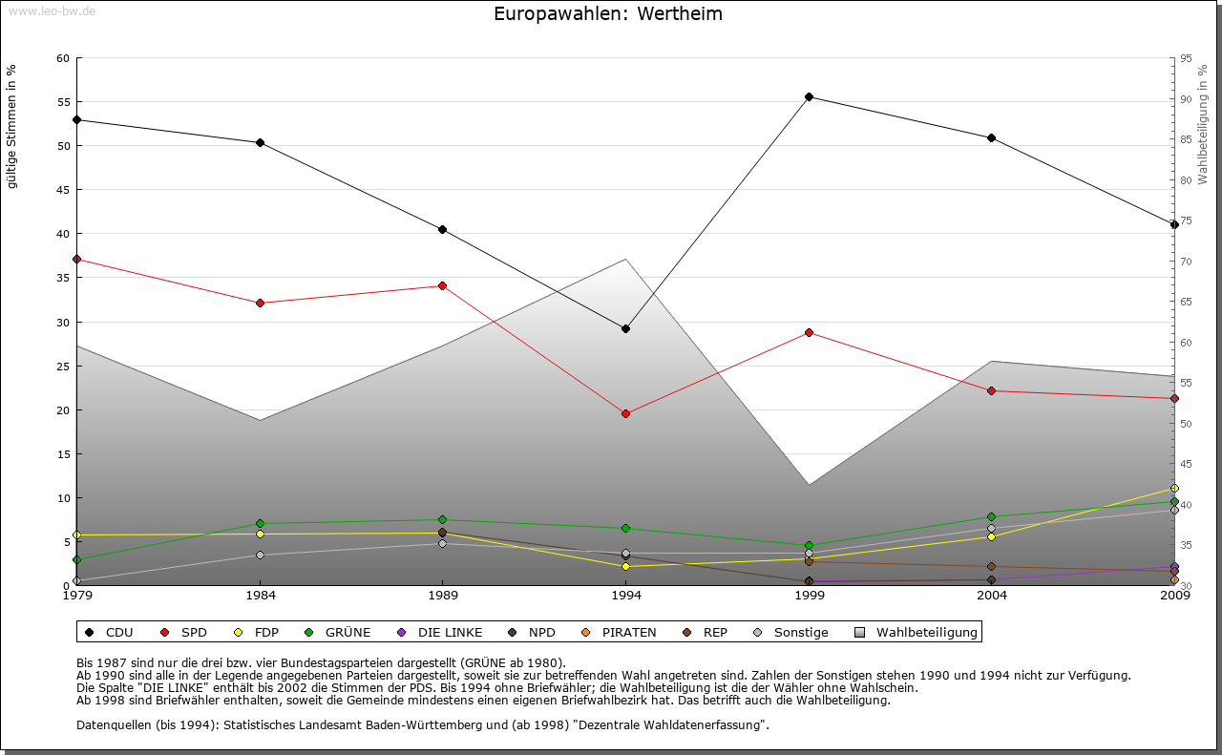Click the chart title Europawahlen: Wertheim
(608, 14)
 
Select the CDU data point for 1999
(809, 96)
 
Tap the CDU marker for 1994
(625, 328)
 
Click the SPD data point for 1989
(442, 285)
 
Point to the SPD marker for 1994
(625, 413)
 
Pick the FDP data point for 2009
(1174, 488)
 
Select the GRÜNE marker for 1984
(260, 523)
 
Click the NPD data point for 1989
(442, 532)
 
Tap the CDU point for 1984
(260, 142)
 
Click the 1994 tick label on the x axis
(625, 596)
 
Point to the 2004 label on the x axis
(991, 596)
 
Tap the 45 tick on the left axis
(63, 190)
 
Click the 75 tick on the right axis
(1186, 220)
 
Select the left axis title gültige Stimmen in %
(12, 126)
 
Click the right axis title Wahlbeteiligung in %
(1203, 125)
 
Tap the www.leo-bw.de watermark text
(52, 11)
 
